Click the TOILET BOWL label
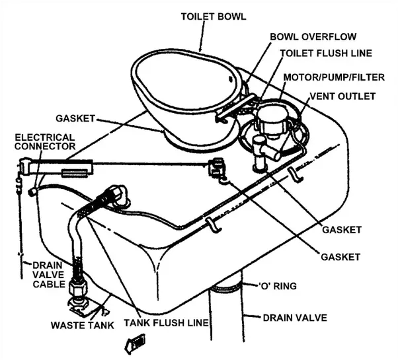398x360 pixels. pos(214,17)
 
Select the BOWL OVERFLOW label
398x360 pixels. pos(313,37)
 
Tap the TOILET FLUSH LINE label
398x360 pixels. pos(326,54)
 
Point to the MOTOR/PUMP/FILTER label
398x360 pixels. pos(334,77)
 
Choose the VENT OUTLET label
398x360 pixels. pos(342,96)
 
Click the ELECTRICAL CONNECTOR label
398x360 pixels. pos(45,142)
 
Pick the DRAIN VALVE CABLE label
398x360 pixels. pos(48,275)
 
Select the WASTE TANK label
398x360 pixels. pos(83,325)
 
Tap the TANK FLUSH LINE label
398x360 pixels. pos(166,323)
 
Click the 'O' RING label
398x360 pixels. pos(278,286)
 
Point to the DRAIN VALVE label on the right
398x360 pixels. pos(295,318)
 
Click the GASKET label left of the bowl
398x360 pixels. pos(75,118)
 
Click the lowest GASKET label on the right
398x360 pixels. pos(340,257)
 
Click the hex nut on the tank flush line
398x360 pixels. pos(77,289)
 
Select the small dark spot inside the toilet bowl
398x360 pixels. pos(231,79)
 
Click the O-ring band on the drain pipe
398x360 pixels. pos(226,288)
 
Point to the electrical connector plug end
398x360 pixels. pos(32,192)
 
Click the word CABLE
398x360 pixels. pos(49,284)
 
